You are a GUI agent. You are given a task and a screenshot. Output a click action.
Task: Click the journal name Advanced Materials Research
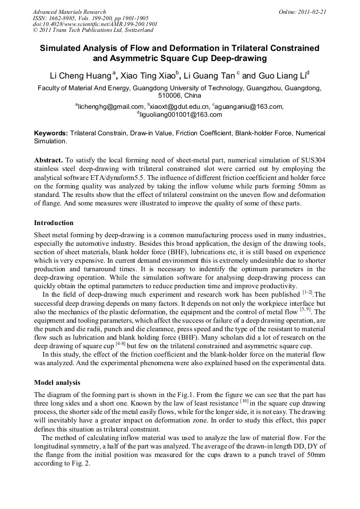pos(69,12)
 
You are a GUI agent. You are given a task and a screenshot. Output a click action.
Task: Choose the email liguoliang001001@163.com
pos(181,115)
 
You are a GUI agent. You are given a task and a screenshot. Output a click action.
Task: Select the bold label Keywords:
pos(51,133)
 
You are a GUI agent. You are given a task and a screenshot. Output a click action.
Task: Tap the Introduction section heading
pos(54,222)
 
